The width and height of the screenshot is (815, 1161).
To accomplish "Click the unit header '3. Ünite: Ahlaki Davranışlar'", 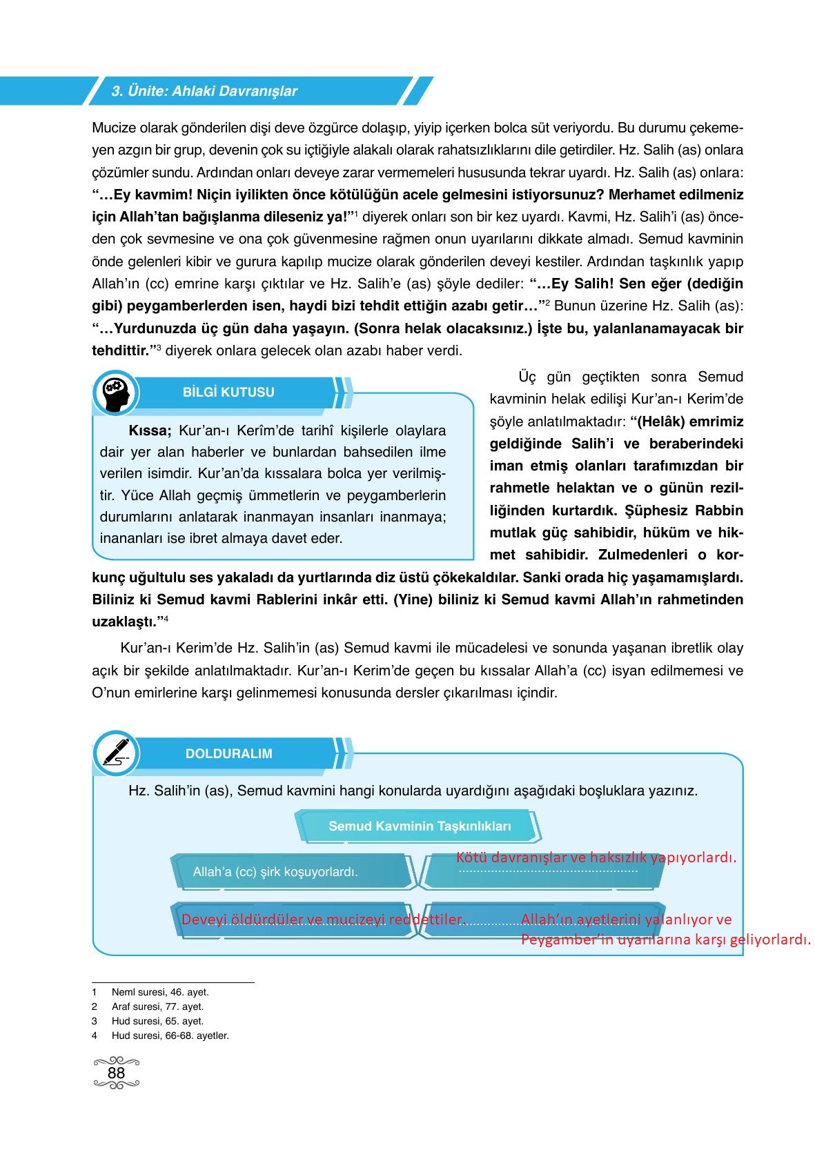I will point(204,91).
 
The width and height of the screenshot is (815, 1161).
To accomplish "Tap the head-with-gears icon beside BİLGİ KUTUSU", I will point(115,395).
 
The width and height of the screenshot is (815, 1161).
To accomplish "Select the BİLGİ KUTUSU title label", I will point(228,393).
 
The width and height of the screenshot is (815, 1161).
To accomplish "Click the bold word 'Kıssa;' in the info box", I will point(150,431).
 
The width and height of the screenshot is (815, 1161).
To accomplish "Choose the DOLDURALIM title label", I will point(228,754).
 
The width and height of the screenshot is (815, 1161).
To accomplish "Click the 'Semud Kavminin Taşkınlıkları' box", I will point(420,826).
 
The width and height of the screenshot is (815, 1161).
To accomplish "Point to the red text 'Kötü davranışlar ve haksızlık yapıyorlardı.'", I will point(596,857).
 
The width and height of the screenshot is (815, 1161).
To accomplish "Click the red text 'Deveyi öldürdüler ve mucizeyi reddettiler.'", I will point(323,920).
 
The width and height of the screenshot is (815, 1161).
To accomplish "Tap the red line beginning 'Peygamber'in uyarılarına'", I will point(665,939).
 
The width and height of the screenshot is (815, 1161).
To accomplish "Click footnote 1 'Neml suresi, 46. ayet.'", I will point(159,992).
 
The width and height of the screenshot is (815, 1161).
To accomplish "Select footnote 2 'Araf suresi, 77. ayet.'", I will point(157,1006).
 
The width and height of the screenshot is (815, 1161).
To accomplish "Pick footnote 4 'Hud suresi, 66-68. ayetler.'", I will point(170,1035).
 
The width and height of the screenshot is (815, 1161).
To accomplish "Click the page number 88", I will point(116,1073).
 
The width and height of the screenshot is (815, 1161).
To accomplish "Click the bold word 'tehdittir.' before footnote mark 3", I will point(121,350).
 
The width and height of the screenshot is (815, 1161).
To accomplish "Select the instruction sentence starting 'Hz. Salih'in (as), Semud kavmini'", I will point(413,791).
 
